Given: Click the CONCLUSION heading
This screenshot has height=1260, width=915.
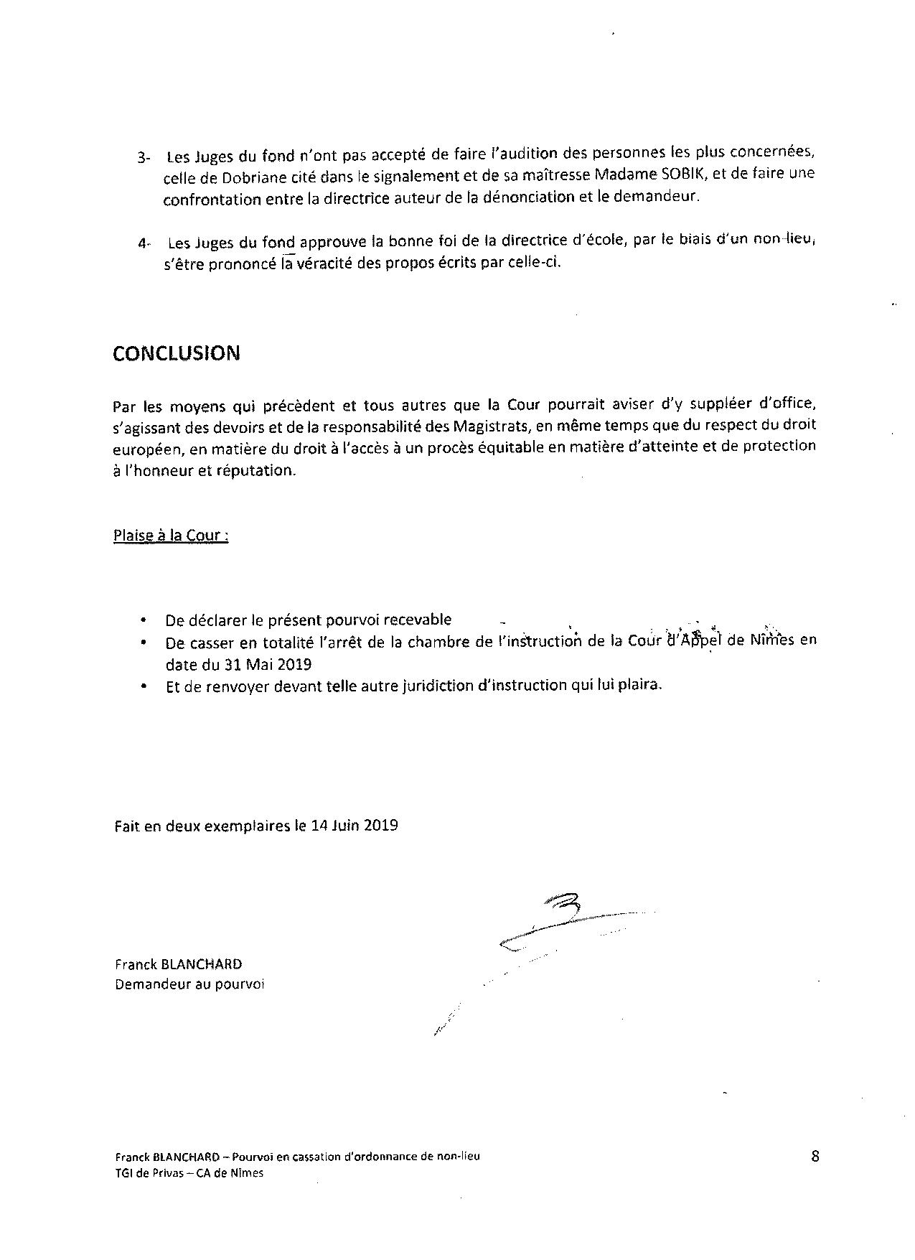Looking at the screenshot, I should (177, 353).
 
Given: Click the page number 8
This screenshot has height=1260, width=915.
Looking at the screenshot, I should (815, 1156).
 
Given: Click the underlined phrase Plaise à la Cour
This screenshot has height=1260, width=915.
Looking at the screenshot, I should (171, 536).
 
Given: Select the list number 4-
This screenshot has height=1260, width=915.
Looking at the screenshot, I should (144, 243).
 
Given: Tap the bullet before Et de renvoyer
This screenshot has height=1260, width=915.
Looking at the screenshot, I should (146, 686).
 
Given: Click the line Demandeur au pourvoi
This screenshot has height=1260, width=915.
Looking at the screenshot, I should (189, 984).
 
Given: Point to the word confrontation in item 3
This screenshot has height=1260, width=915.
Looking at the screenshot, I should (212, 200).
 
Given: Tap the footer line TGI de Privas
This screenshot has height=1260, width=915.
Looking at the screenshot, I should (189, 1173).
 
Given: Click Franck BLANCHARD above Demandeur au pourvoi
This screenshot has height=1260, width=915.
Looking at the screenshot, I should (178, 964).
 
